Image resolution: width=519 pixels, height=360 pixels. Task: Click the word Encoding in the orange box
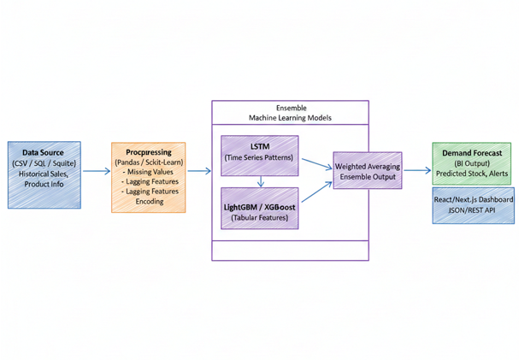click(150, 202)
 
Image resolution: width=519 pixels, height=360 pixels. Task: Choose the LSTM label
click(259, 147)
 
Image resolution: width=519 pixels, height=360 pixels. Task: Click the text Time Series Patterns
click(259, 158)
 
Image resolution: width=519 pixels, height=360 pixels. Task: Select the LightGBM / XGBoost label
click(259, 205)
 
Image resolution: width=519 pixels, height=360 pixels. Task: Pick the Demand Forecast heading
click(471, 152)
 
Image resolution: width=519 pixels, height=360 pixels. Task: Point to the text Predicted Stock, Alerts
click(471, 174)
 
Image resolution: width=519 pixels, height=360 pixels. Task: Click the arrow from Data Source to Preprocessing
click(95, 171)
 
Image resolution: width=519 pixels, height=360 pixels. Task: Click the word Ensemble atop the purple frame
click(289, 109)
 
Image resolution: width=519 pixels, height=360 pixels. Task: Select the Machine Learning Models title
click(289, 119)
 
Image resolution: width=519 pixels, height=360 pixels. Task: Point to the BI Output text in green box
click(471, 162)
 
